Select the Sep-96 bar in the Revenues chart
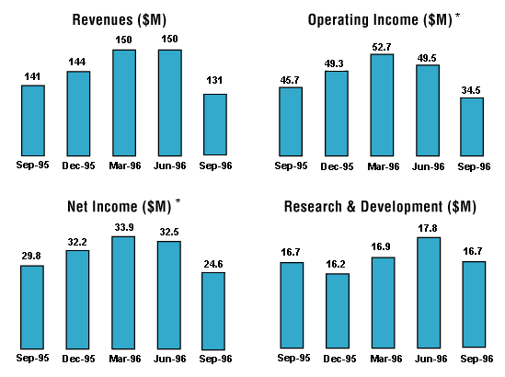coord(215,124)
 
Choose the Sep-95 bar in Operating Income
coord(291,120)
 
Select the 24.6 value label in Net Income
coord(213,262)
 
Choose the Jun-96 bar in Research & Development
coord(427,291)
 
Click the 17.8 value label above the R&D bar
coord(427,227)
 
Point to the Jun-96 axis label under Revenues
coord(169,166)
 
